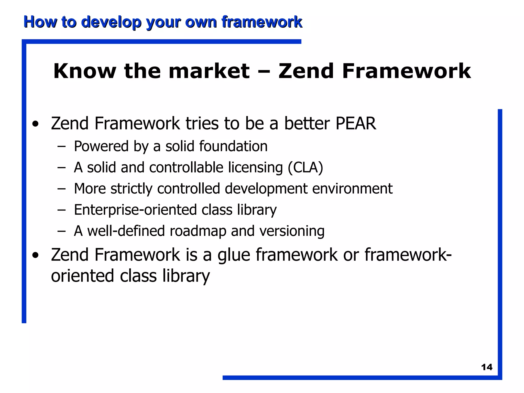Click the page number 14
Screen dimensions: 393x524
[487, 367]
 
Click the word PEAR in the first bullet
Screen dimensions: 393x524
[356, 124]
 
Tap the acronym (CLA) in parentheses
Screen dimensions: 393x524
[305, 168]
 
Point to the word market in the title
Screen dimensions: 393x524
[209, 71]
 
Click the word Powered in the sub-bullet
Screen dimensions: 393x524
[101, 146]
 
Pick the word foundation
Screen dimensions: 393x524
[233, 146]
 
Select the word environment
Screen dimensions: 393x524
[352, 189]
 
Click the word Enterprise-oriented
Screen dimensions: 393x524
[135, 210]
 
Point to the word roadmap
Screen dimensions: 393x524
[198, 231]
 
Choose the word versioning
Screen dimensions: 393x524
[292, 231]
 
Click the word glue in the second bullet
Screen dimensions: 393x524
[234, 255]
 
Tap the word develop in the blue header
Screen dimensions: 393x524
[111, 22]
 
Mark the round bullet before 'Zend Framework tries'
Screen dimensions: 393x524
[36, 124]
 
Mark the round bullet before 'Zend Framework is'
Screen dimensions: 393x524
[36, 255]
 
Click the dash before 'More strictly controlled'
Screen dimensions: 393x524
[61, 189]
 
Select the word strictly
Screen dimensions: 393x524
[131, 189]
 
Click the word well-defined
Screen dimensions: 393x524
[126, 231]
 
